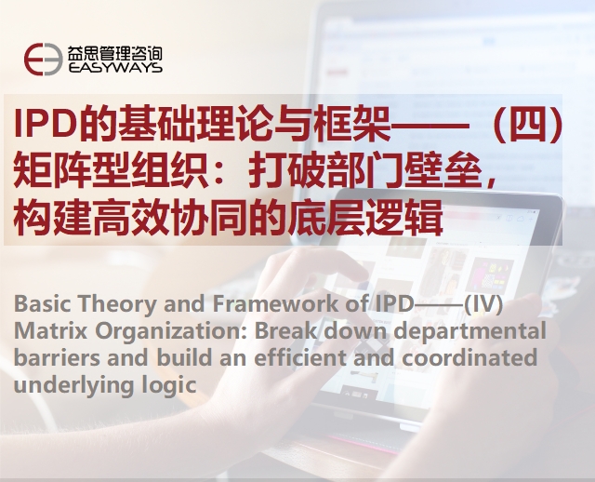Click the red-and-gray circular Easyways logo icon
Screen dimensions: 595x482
(44, 59)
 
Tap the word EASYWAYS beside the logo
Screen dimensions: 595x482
(115, 68)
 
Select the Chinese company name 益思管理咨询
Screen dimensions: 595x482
(115, 53)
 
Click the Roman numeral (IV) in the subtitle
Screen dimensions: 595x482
(483, 304)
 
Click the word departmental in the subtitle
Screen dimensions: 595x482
(470, 332)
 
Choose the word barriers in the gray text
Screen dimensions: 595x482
(57, 358)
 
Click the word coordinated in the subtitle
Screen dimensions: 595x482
(469, 358)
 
